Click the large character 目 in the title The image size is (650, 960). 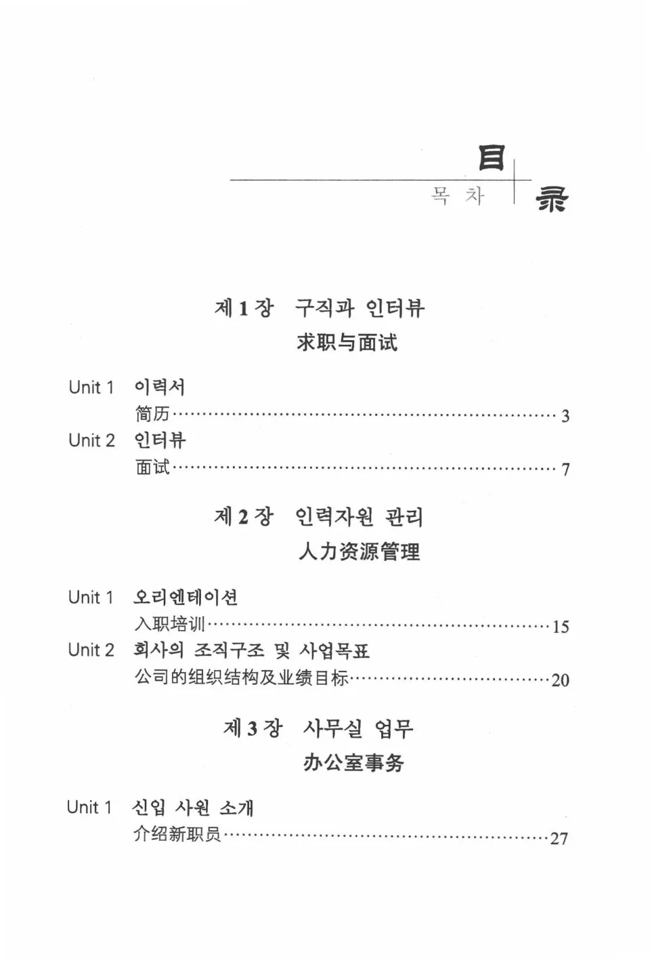(491, 157)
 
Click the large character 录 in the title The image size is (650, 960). (552, 199)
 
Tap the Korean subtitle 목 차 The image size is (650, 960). (458, 196)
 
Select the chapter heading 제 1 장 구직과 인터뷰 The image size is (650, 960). (319, 308)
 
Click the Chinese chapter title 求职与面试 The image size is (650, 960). (347, 342)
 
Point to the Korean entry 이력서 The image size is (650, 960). (159, 387)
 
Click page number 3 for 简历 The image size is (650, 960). (565, 416)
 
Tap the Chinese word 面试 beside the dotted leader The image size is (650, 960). (152, 467)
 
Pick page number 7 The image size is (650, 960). (565, 469)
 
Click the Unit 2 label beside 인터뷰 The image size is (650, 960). (91, 440)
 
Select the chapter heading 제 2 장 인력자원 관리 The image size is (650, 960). (319, 517)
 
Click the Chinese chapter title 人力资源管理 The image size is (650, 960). (359, 551)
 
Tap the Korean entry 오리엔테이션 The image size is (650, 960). (186, 597)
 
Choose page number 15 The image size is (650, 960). (560, 627)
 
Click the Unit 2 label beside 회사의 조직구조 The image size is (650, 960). (91, 650)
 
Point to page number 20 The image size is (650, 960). (560, 680)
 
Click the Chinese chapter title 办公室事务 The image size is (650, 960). (353, 763)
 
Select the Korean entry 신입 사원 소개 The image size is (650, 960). (193, 808)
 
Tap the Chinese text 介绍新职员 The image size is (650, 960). (177, 835)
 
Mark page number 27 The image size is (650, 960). (559, 839)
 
